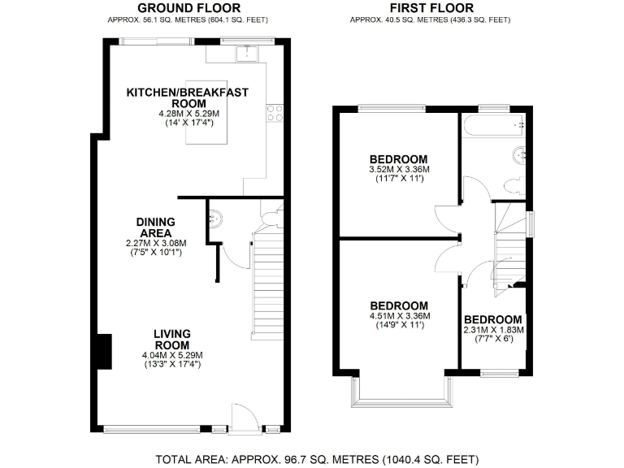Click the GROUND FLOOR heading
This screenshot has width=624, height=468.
188,7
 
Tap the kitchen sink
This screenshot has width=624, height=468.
246,54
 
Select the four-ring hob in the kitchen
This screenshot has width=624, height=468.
274,111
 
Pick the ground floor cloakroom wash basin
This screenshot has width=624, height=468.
214,219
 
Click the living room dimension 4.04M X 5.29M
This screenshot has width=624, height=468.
172,355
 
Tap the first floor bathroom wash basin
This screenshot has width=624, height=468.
518,154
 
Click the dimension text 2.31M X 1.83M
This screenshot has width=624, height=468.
493,330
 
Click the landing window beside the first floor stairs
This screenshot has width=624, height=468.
531,223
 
